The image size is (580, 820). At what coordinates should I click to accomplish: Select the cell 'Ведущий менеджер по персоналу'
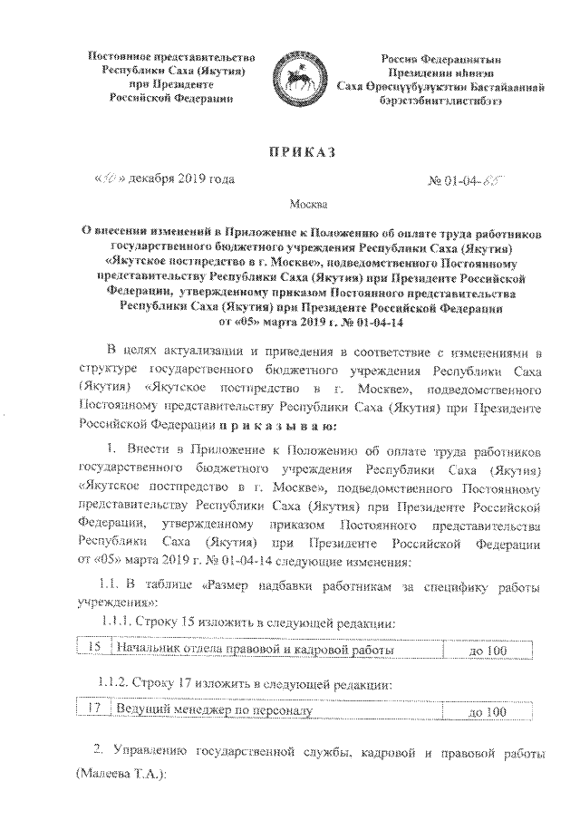211,711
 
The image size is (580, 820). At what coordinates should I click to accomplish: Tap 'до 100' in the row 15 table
486,651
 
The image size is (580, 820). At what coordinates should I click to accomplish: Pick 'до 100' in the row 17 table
486,712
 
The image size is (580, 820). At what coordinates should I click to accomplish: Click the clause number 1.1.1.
116,624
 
